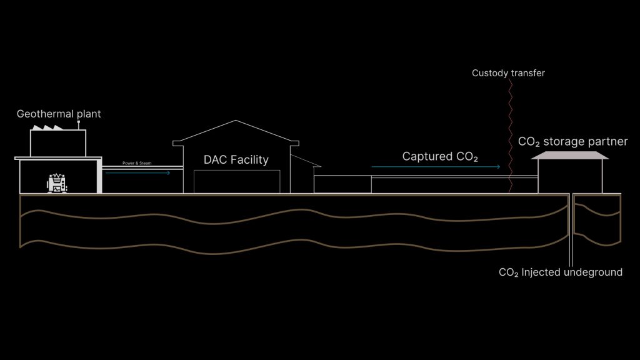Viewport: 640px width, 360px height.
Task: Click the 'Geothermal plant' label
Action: click(59, 114)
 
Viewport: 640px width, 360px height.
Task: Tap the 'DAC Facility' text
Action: click(236, 160)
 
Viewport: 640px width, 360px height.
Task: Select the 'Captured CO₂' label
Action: click(440, 157)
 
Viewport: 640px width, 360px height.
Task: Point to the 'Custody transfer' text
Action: click(508, 74)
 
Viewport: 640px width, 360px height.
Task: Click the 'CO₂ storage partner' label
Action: click(572, 142)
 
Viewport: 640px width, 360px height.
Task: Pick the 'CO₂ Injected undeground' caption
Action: click(561, 272)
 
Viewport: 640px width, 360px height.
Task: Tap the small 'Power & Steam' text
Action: click(137, 163)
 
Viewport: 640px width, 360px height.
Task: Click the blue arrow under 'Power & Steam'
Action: click(138, 172)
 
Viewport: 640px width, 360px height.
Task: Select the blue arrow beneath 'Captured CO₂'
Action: click(436, 167)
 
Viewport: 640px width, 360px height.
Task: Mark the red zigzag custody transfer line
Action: click(511, 137)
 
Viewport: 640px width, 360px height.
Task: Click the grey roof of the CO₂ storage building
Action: click(569, 155)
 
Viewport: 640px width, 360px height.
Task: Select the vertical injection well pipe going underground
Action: click(571, 231)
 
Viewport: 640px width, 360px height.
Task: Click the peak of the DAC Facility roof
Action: click(236, 121)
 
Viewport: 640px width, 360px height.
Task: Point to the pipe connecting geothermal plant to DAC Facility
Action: click(142, 167)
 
